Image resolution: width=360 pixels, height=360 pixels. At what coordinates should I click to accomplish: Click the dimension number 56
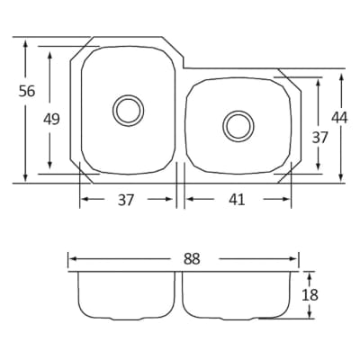(x=27, y=91)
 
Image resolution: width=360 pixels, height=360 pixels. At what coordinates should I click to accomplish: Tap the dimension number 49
(x=51, y=119)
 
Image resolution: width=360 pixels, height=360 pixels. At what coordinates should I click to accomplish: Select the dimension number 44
(x=339, y=118)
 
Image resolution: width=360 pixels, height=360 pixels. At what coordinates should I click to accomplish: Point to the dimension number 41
(x=237, y=200)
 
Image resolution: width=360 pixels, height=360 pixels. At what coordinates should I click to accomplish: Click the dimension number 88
(x=192, y=259)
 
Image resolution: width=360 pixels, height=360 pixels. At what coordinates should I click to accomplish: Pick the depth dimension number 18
(x=310, y=295)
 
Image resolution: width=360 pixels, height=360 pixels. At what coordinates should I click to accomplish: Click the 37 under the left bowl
(x=125, y=200)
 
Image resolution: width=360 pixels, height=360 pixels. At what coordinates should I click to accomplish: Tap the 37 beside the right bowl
(x=319, y=138)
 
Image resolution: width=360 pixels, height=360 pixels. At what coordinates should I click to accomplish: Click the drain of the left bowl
(x=128, y=111)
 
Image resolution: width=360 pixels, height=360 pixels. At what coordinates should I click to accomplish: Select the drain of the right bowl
(x=238, y=126)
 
